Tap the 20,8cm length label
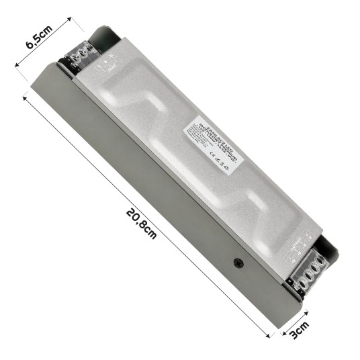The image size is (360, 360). click(x=140, y=222)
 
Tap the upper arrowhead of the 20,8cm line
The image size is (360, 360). click(x=26, y=97)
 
